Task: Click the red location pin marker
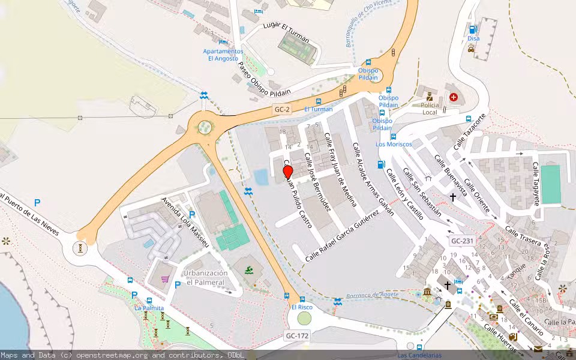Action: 287,172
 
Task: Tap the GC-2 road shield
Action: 282,110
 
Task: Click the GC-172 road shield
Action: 297,336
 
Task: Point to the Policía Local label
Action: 430,109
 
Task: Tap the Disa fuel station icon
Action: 473,29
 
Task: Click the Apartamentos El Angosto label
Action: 223,55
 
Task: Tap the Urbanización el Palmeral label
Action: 205,278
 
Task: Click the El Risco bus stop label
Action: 302,307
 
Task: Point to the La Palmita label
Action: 149,308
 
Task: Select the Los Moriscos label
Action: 394,144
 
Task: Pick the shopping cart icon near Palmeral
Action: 164,278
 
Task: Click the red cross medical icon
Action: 453,97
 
